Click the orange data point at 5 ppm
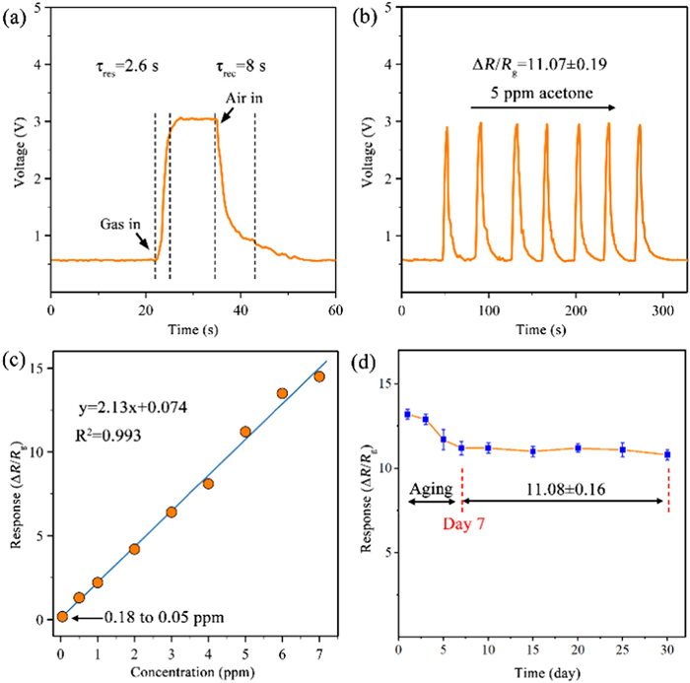click(245, 432)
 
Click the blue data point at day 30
click(667, 454)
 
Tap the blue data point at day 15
click(532, 451)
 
